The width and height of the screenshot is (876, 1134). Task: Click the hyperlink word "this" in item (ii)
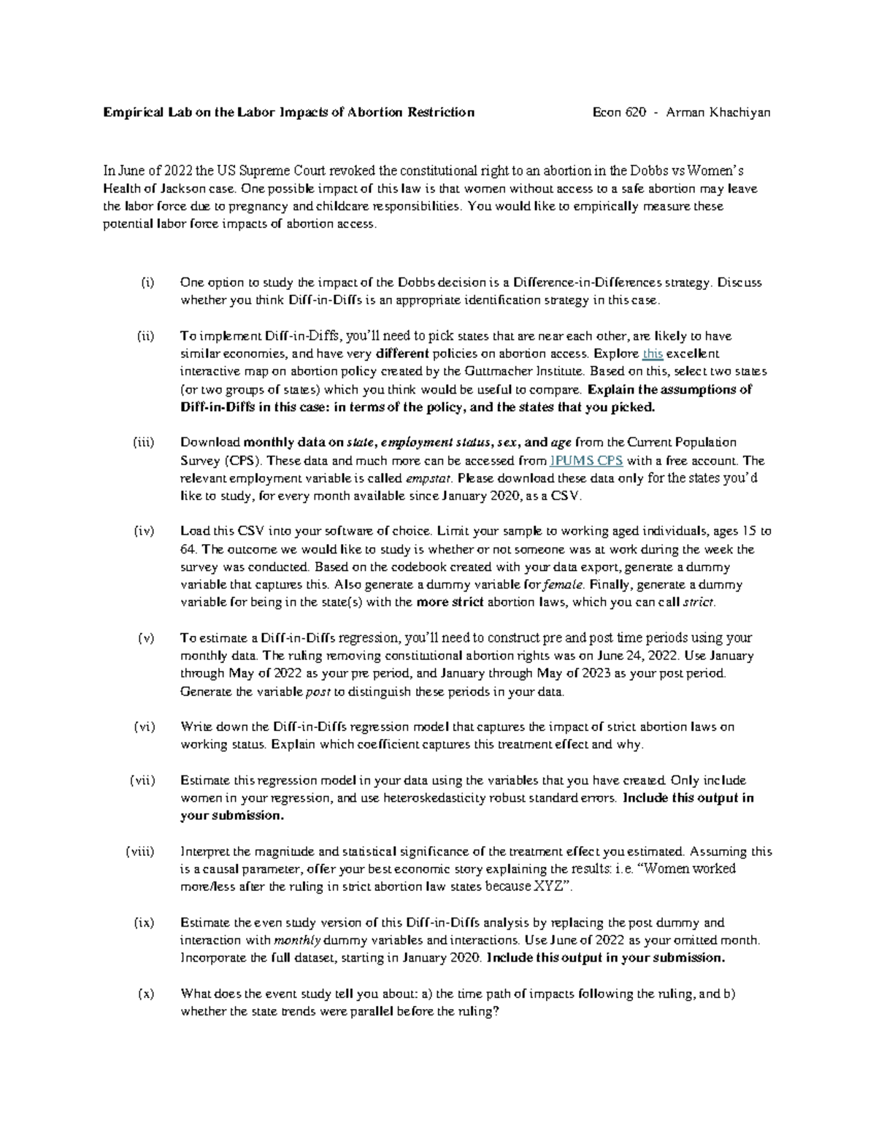coord(653,354)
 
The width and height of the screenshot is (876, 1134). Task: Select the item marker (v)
coord(146,638)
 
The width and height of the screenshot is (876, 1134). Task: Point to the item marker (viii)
coord(139,851)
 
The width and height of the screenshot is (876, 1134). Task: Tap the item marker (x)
coord(146,994)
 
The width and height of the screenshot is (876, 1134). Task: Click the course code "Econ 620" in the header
coord(619,112)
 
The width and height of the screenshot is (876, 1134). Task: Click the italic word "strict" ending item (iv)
coord(698,603)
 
